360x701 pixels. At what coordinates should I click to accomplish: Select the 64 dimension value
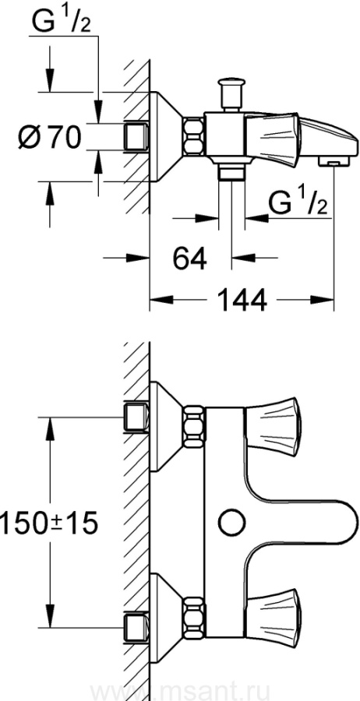[x=190, y=259]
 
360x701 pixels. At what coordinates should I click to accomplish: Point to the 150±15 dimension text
[x=48, y=523]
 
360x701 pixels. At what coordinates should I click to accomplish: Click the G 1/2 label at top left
[x=62, y=23]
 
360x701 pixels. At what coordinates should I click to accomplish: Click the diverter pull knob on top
[x=231, y=94]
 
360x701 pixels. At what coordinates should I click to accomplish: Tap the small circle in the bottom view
[x=231, y=522]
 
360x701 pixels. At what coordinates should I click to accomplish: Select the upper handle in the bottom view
[x=273, y=424]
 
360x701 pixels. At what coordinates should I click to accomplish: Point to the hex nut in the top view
[x=193, y=137]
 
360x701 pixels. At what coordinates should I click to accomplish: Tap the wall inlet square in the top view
[x=136, y=137]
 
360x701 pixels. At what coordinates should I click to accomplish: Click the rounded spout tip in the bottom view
[x=351, y=522]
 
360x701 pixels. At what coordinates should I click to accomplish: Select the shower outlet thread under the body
[x=231, y=172]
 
